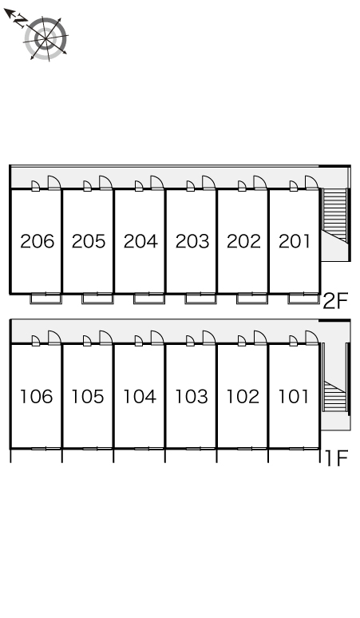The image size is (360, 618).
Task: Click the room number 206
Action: (x=37, y=241)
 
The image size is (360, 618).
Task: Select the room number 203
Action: (x=192, y=241)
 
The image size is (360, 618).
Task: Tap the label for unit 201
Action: (x=295, y=241)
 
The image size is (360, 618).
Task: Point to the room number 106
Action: (x=36, y=397)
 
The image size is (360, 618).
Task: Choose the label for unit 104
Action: (x=140, y=397)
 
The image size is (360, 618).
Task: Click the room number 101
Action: (x=294, y=397)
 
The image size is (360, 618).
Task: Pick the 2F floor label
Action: (x=335, y=302)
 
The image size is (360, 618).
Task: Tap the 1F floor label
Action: (x=336, y=458)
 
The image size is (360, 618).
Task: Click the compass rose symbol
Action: (x=45, y=38)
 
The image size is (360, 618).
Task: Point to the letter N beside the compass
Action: (x=20, y=21)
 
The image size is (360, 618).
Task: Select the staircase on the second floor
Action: (x=334, y=215)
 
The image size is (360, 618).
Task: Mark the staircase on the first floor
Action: (x=334, y=397)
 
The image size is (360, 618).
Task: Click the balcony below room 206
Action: (x=46, y=299)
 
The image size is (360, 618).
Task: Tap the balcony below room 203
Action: (x=200, y=299)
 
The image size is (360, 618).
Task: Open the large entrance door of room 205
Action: (x=105, y=183)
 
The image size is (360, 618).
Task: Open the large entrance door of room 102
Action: (x=260, y=338)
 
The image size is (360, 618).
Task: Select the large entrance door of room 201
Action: (x=311, y=183)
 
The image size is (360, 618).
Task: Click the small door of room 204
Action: (x=139, y=186)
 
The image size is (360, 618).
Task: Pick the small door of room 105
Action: (x=87, y=341)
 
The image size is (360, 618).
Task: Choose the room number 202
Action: (x=243, y=241)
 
